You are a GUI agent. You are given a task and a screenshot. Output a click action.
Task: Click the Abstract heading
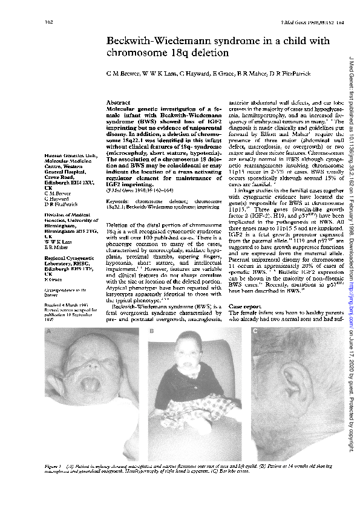(119, 103)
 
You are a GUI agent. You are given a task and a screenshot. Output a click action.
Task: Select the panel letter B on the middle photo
(152, 332)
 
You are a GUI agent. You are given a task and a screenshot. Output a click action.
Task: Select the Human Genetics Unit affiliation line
(67, 156)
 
